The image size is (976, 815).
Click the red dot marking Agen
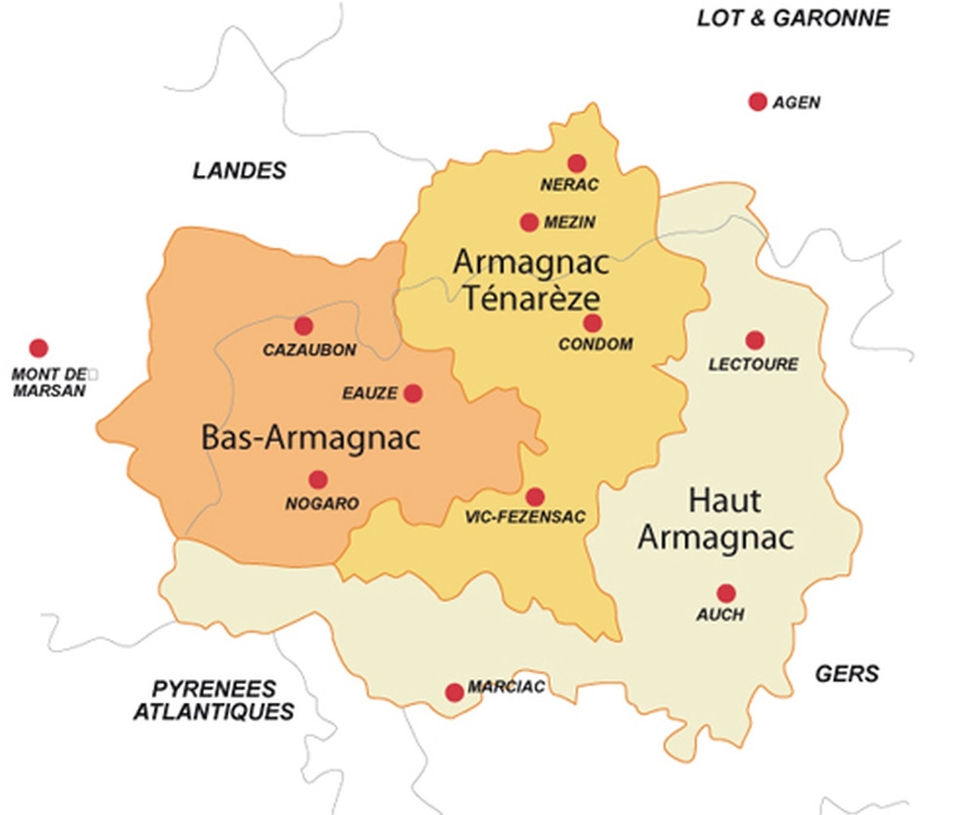click(x=757, y=102)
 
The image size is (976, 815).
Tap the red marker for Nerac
click(x=577, y=164)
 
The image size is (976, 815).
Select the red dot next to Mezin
click(x=529, y=222)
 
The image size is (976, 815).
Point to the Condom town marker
click(x=592, y=323)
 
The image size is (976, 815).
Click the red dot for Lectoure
click(x=755, y=340)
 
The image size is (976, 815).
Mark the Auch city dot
click(x=725, y=594)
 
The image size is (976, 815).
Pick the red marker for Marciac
click(x=455, y=692)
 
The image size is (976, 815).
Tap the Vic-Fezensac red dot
click(x=534, y=497)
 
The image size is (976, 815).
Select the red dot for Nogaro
click(x=318, y=480)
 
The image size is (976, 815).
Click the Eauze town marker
click(x=413, y=393)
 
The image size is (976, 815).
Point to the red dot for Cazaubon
click(x=303, y=326)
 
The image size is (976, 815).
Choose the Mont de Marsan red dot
click(x=38, y=348)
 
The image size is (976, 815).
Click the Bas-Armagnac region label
click(x=310, y=438)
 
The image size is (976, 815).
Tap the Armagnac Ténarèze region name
click(x=530, y=280)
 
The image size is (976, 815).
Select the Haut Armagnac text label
click(x=715, y=519)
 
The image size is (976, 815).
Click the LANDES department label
click(x=239, y=170)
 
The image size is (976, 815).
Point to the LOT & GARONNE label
click(x=793, y=19)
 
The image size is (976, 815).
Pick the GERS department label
click(x=847, y=673)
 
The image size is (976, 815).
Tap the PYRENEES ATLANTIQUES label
click(x=213, y=700)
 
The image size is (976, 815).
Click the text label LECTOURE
click(x=753, y=365)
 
